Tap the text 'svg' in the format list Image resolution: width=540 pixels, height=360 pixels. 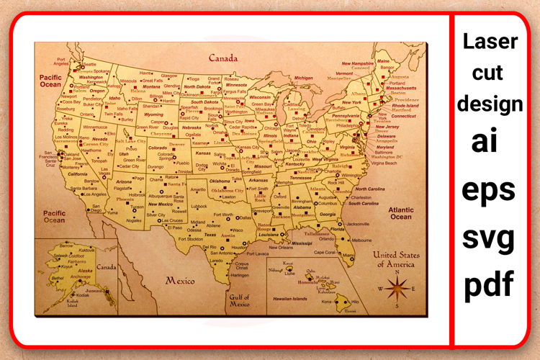click(492, 235)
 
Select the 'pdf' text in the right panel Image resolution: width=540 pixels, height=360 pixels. click(492, 284)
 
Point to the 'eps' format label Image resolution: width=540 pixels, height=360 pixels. click(492, 189)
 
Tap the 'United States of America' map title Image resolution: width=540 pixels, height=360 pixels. click(396, 259)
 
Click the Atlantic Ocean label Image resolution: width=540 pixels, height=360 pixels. click(401, 213)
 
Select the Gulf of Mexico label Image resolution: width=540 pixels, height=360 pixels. click(240, 300)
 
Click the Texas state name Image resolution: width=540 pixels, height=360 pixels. click(210, 235)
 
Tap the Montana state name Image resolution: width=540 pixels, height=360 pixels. click(150, 86)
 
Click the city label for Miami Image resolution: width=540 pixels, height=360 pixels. click(348, 255)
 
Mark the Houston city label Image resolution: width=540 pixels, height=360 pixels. click(239, 248)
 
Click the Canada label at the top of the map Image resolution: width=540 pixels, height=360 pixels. click(223, 58)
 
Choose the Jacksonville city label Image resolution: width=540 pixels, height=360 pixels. click(357, 224)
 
